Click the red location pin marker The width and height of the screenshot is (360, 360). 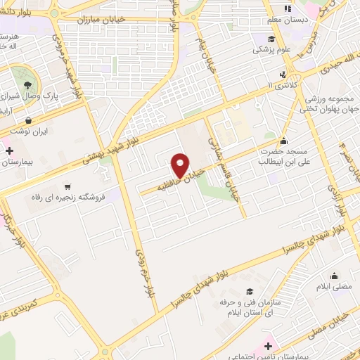click(180, 165)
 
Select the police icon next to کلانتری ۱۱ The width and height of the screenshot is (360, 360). click(283, 74)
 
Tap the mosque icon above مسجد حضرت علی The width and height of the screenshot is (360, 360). click(284, 140)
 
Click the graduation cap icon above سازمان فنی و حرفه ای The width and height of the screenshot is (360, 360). click(249, 291)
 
